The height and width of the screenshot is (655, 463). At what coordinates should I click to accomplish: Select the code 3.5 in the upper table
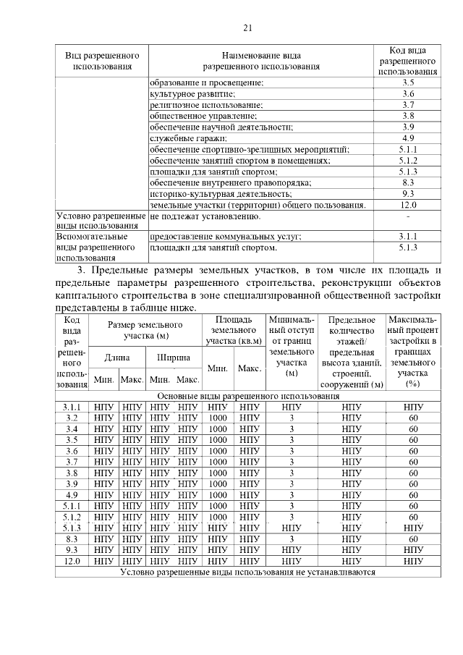pos(408,83)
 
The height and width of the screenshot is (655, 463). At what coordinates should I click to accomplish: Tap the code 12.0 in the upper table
pos(408,206)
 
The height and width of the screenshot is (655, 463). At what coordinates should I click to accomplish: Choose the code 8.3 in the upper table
pos(408,183)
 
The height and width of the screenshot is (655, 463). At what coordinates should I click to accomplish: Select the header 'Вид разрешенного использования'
pos(101,61)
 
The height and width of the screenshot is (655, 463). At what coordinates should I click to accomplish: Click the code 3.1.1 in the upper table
pos(408,236)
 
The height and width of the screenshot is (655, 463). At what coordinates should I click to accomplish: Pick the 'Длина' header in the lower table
pos(117,357)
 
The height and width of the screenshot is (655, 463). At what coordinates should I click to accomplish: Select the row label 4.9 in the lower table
pos(72,494)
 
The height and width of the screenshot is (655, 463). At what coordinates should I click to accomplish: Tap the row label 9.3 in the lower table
pos(72,549)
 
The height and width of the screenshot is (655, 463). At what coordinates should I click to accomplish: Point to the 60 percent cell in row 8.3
pos(413,538)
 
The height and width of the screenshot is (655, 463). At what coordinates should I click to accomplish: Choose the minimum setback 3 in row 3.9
pos(292,483)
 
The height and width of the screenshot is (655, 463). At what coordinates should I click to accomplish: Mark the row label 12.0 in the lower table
pos(72,561)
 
